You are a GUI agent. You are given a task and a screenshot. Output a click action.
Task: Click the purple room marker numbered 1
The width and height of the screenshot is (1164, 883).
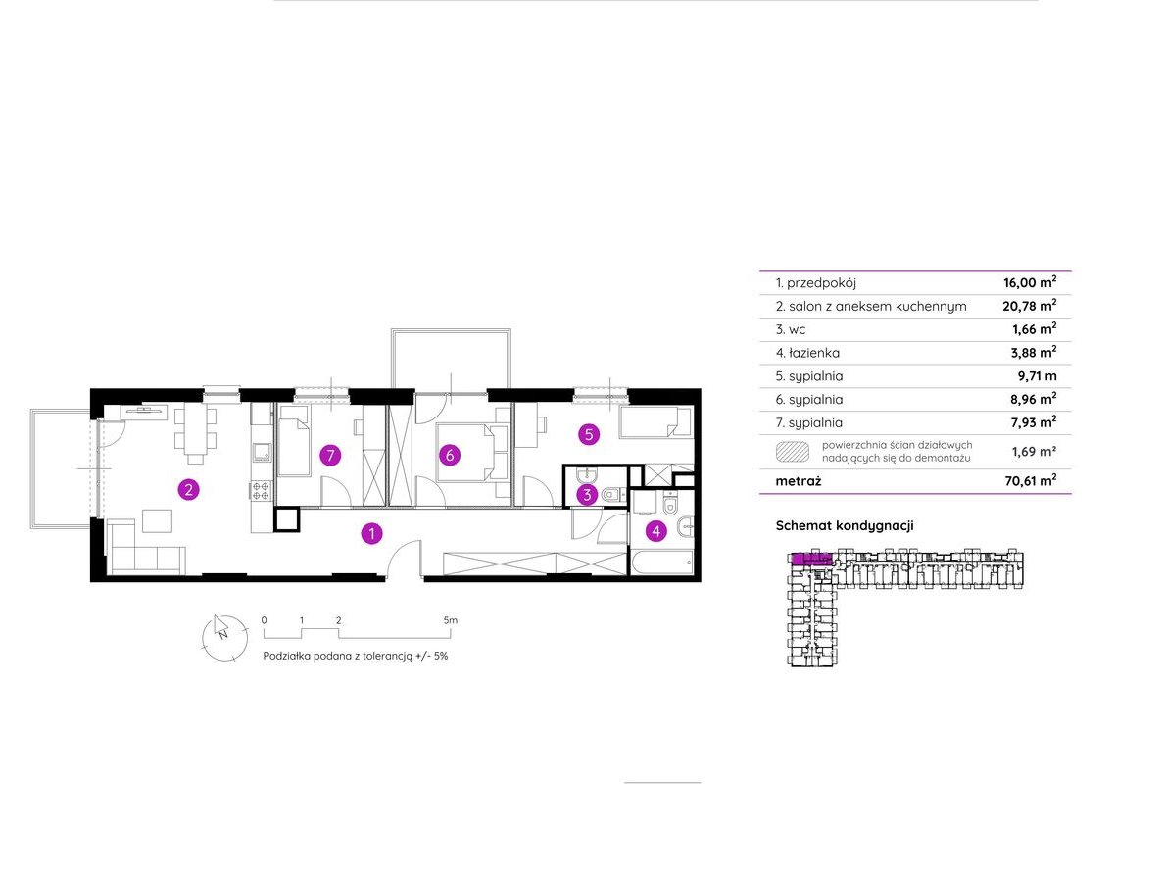(x=372, y=533)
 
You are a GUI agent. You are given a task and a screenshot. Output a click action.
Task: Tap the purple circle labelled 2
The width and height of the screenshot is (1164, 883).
(x=188, y=489)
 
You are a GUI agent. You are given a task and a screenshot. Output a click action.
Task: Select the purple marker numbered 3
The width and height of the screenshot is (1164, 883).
(x=587, y=494)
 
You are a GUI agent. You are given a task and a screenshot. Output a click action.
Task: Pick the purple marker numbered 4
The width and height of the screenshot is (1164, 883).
(x=655, y=531)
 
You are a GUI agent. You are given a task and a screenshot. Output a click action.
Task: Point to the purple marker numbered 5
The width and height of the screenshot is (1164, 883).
(x=589, y=434)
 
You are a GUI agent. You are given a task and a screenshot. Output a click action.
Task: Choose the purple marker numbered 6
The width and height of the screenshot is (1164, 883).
(x=449, y=456)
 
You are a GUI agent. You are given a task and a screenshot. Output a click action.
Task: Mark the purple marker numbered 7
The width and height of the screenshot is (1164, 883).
(x=330, y=456)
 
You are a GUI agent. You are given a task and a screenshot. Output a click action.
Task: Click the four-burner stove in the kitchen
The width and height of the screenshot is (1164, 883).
(x=261, y=489)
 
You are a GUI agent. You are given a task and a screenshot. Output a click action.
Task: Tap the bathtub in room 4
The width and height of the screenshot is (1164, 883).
(x=662, y=563)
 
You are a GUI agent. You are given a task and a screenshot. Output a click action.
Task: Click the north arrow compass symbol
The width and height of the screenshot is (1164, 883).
(x=224, y=637)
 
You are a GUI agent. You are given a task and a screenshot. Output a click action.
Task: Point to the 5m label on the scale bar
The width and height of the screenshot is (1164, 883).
(x=451, y=620)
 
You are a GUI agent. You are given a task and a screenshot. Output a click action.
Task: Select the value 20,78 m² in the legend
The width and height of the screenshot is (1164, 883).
(x=1030, y=305)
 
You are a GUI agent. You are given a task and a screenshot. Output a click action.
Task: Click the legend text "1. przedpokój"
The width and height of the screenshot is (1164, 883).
(x=816, y=283)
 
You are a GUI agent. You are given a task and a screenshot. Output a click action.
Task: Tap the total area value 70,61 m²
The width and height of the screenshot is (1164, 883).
(x=1031, y=480)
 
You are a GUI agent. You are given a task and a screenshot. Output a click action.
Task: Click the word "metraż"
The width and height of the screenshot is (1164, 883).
(x=799, y=481)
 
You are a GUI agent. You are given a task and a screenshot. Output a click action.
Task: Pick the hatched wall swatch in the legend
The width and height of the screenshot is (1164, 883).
(x=792, y=452)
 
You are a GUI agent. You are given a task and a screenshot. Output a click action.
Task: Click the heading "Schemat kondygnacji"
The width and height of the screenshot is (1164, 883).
(x=845, y=526)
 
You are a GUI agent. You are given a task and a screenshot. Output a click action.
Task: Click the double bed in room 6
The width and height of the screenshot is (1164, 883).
(x=464, y=452)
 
